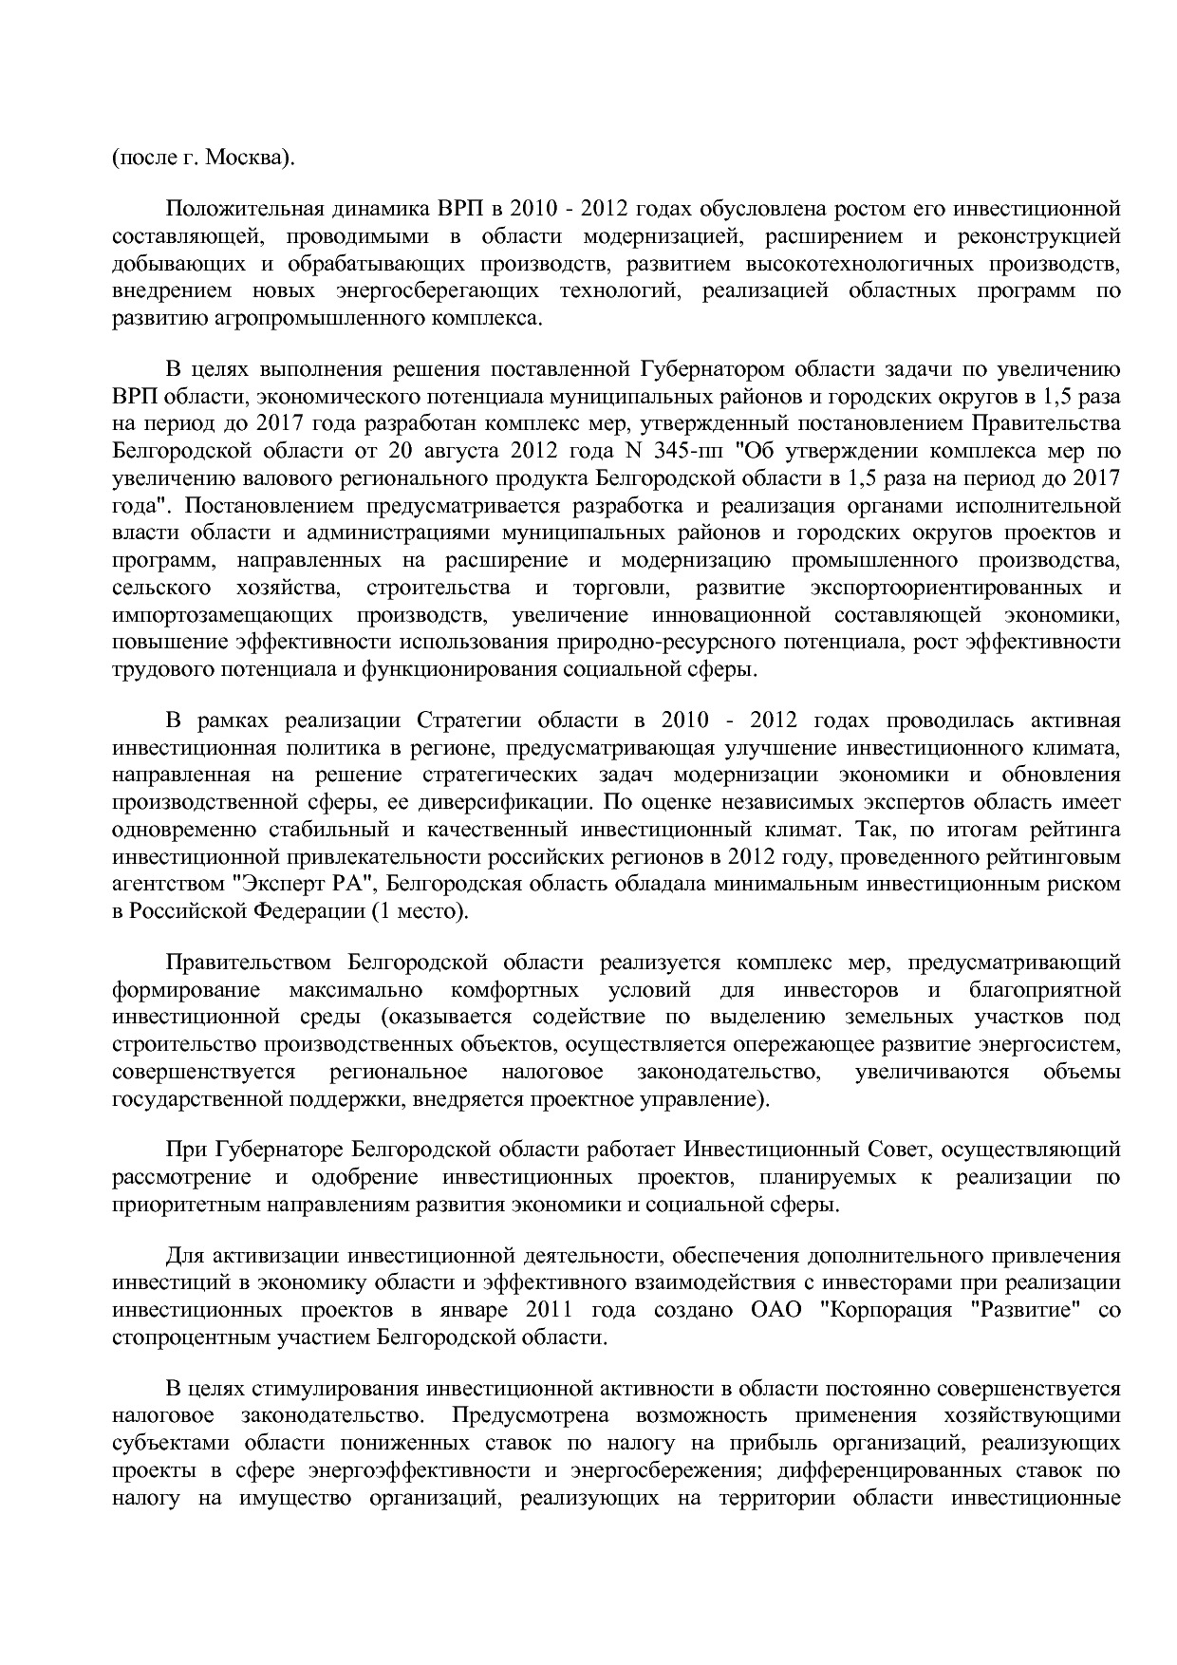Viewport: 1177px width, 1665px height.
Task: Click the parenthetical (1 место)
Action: point(420,912)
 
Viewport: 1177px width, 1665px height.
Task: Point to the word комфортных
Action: point(514,991)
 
